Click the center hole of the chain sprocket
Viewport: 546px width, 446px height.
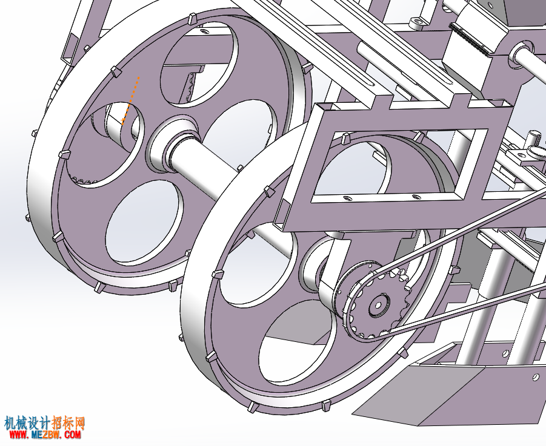[377, 305]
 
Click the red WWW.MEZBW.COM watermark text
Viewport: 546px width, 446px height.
[45, 434]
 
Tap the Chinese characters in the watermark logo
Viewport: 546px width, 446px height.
[45, 423]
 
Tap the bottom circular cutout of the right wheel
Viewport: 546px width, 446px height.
[297, 342]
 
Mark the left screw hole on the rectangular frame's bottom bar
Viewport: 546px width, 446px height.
[347, 198]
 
